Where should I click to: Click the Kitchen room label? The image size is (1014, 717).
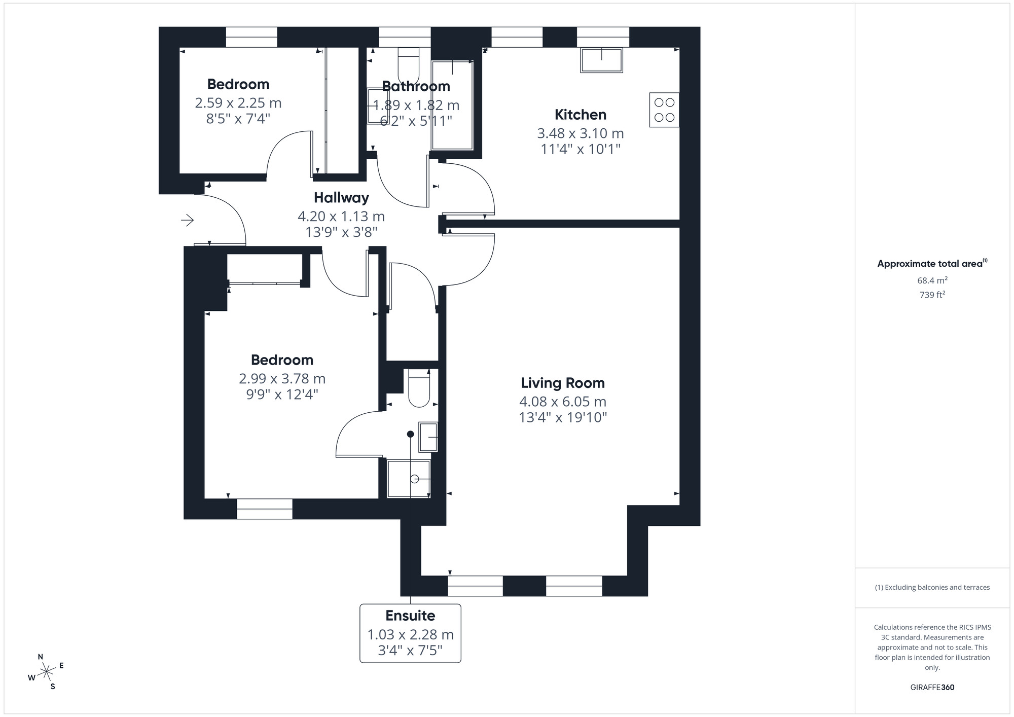[x=580, y=115]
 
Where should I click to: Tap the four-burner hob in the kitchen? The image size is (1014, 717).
[x=664, y=110]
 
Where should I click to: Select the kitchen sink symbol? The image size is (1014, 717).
[x=602, y=60]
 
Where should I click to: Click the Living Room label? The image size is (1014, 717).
[x=563, y=383]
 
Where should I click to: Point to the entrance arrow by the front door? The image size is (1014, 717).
[x=188, y=220]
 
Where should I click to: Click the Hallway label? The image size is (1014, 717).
[x=341, y=198]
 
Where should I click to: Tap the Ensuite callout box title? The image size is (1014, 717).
[x=410, y=616]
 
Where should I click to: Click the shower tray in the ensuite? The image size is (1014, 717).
[x=409, y=479]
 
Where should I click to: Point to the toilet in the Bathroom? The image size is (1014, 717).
[x=408, y=65]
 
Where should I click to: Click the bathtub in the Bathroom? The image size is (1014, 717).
[x=452, y=104]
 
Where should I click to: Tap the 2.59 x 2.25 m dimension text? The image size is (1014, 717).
[x=238, y=103]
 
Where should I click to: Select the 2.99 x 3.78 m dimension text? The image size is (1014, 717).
[x=282, y=379]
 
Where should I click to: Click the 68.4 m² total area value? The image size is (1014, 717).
[x=932, y=280]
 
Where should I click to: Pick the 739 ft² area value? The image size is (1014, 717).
[x=932, y=295]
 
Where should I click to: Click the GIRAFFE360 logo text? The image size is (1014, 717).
[x=932, y=688]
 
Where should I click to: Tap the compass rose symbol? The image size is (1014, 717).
[x=47, y=672]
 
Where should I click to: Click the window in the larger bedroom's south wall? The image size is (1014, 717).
[x=265, y=509]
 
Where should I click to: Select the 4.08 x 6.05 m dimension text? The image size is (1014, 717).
[x=563, y=402]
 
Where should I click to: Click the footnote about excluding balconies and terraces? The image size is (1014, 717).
[x=932, y=587]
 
